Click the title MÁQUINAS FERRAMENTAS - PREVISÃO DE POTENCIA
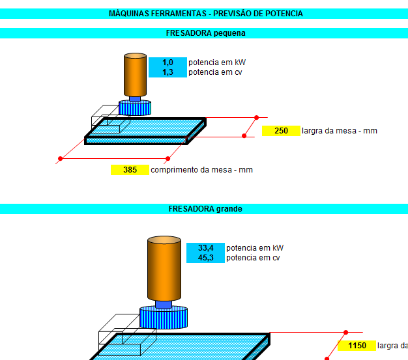(x=205, y=14)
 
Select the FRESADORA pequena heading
(x=205, y=33)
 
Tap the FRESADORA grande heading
(x=205, y=209)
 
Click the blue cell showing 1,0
(x=168, y=62)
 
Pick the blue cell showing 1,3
(x=168, y=72)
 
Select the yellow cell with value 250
(x=281, y=131)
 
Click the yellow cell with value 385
(x=130, y=170)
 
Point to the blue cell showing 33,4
(x=206, y=248)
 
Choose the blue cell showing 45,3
(x=206, y=258)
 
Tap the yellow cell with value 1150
(x=357, y=346)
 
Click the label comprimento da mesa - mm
(x=201, y=170)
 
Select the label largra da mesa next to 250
(x=339, y=131)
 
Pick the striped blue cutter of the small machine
(x=135, y=108)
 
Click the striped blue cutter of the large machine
(x=164, y=318)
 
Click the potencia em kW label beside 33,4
(x=255, y=248)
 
